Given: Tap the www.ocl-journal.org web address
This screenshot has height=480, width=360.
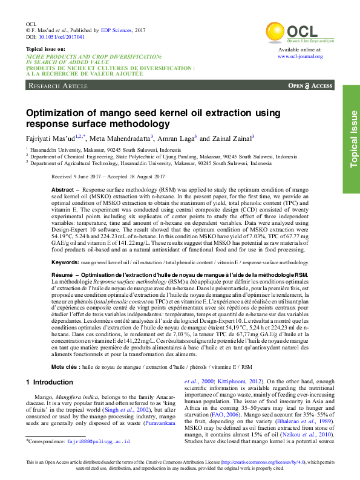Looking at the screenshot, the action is tap(300, 56).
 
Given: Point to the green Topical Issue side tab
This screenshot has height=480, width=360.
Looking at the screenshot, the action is tap(352, 139).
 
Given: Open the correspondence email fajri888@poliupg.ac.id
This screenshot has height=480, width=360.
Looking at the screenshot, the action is tap(98, 442).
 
